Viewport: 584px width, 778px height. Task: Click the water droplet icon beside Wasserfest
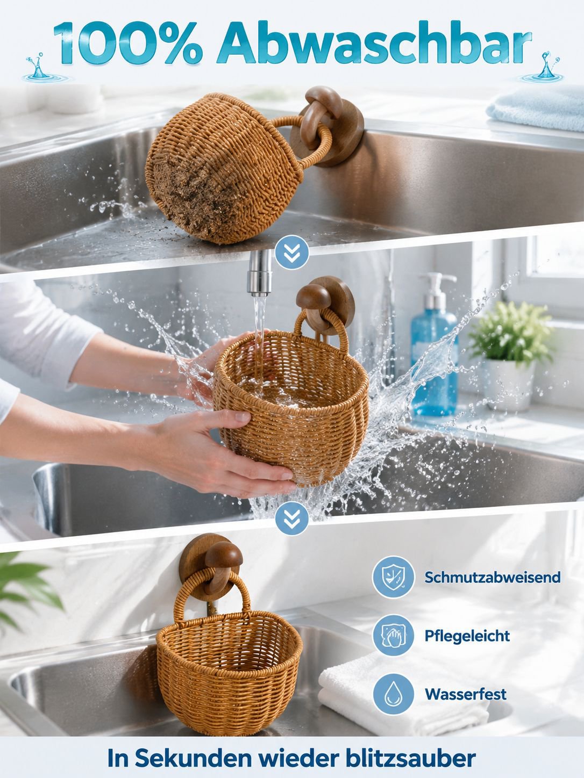pyautogui.click(x=393, y=693)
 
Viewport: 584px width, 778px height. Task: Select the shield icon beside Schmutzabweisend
pyautogui.click(x=393, y=577)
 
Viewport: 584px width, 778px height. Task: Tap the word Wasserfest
pyautogui.click(x=465, y=694)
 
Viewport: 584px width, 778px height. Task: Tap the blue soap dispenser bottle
pyautogui.click(x=433, y=345)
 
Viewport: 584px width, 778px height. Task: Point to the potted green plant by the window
pyautogui.click(x=511, y=355)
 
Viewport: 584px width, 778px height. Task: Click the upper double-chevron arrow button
pyautogui.click(x=292, y=252)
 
